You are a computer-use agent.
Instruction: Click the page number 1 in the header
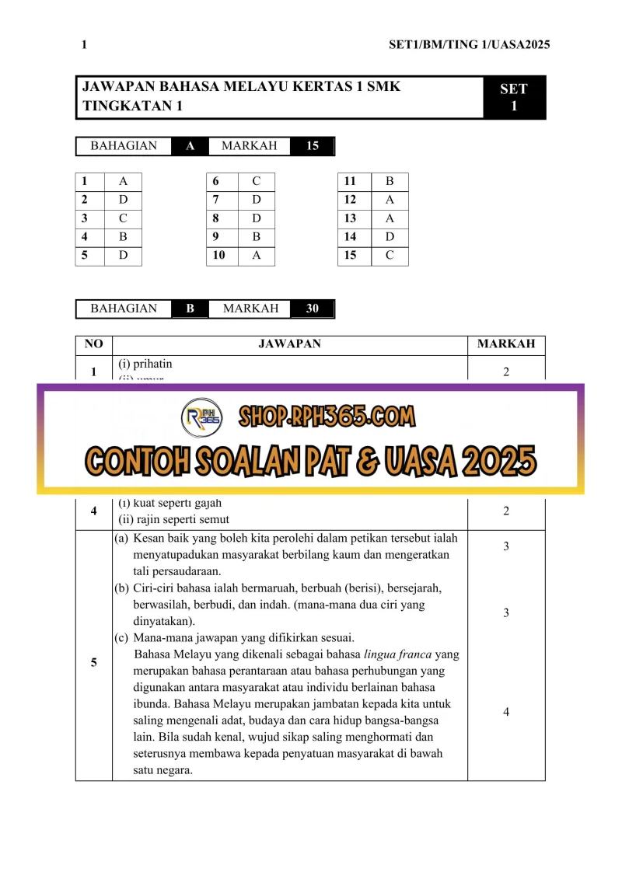pos(84,45)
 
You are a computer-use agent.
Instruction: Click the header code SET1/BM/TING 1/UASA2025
pos(469,45)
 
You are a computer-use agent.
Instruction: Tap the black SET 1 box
pos(514,98)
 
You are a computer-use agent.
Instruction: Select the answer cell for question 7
pos(257,200)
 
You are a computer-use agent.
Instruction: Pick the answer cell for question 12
pos(390,200)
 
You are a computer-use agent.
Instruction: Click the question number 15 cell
pos(351,255)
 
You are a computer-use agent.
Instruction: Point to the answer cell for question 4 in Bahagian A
pos(123,236)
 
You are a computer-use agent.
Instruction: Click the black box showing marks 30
pos(312,309)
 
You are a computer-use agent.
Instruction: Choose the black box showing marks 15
pos(312,146)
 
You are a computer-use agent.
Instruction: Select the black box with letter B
pos(190,309)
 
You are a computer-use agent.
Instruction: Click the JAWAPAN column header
pos(289,344)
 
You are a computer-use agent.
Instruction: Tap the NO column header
pos(93,344)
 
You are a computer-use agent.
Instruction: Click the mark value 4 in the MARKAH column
pos(506,712)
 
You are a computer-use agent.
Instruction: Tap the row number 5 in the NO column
pos(93,662)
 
